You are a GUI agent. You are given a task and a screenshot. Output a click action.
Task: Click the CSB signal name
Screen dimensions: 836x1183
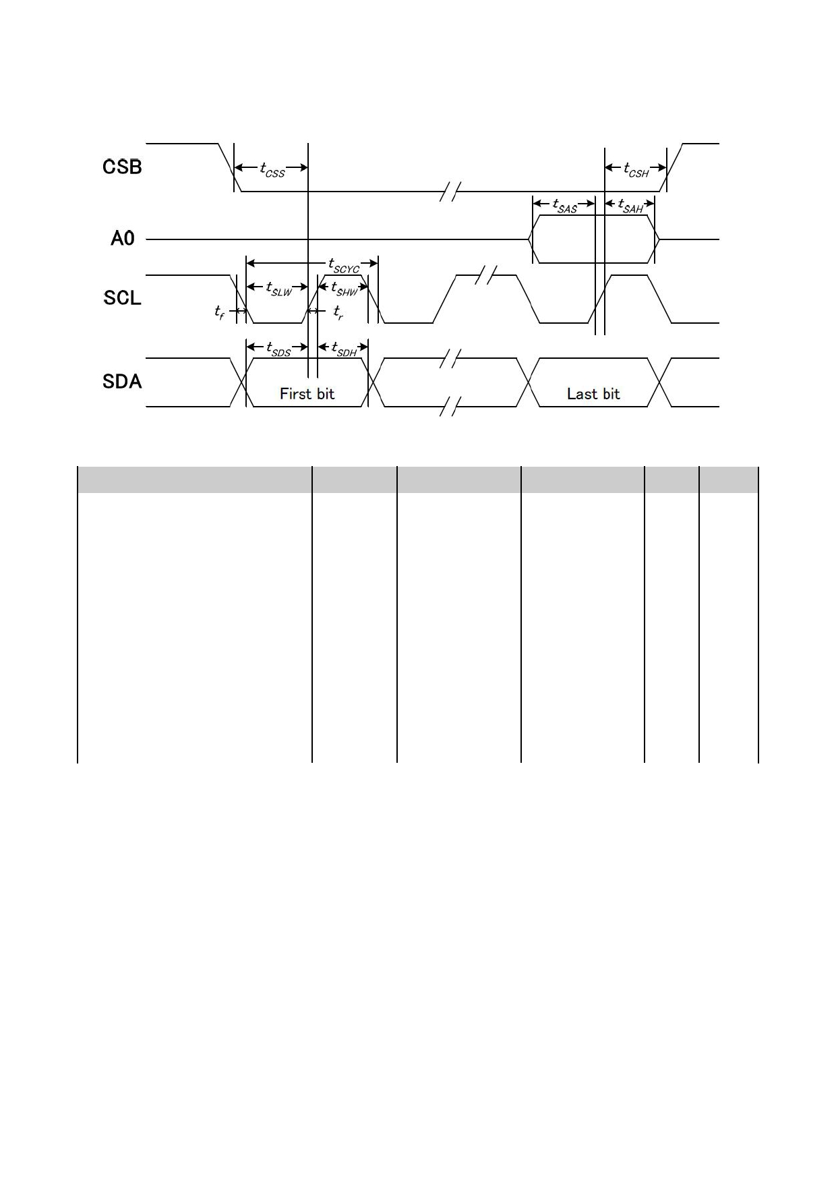coord(122,167)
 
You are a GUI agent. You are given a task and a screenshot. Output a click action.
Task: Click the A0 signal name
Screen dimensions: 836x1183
coord(123,238)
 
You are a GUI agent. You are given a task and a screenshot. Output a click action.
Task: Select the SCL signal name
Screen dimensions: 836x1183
coord(122,297)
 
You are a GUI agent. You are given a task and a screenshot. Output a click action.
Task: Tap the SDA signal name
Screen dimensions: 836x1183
coord(122,382)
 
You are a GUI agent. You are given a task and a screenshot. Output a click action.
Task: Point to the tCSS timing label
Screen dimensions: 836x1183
coord(272,169)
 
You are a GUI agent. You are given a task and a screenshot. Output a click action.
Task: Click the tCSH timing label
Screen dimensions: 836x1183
coord(636,169)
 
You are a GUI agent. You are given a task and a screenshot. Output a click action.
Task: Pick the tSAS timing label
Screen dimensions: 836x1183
coord(564,205)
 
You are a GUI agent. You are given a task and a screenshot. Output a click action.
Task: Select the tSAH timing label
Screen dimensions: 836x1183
coord(630,205)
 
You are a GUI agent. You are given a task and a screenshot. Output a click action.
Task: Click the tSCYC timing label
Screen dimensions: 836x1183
coord(344,265)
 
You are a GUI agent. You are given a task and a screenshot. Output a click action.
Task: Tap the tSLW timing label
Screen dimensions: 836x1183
coord(279,289)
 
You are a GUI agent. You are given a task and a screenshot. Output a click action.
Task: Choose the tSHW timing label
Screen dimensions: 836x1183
coord(344,289)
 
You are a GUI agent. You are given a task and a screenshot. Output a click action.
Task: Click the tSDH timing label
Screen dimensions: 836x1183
coord(344,349)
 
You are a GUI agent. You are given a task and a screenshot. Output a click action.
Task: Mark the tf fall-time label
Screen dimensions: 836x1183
coord(220,312)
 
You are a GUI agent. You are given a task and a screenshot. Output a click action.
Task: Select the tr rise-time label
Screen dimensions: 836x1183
coord(338,312)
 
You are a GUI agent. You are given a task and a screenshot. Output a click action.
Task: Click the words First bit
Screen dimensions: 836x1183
coord(307,394)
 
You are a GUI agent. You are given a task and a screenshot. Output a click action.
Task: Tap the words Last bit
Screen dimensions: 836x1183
coord(593,394)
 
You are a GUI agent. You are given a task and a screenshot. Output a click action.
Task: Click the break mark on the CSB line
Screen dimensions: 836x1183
coord(450,192)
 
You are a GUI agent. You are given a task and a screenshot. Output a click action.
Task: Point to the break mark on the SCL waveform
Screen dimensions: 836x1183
coord(485,275)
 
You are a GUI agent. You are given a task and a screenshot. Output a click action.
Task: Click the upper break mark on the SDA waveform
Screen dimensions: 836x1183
coord(450,358)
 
